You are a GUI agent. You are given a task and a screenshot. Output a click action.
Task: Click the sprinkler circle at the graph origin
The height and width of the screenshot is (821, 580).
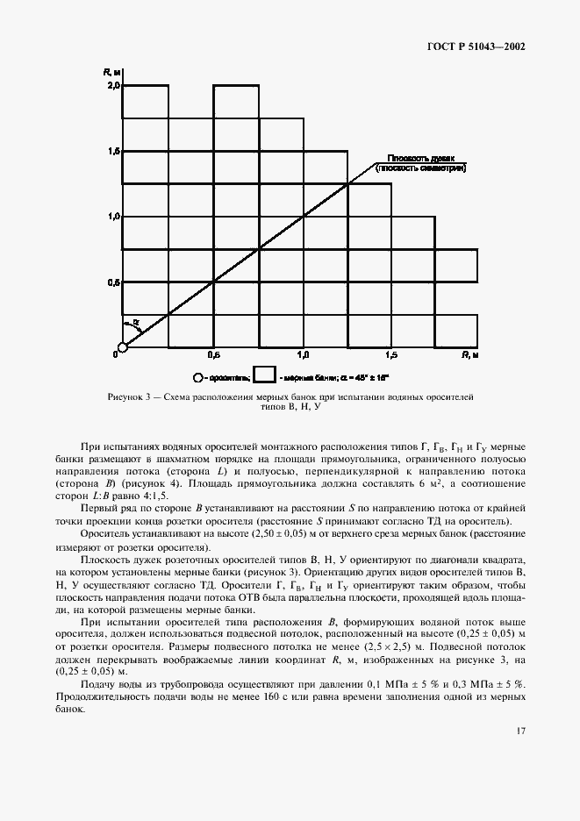click(x=123, y=347)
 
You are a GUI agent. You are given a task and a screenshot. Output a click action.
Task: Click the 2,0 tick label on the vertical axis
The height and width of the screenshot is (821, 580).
click(x=113, y=86)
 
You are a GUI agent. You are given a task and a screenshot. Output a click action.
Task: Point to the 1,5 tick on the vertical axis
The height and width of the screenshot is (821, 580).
click(x=113, y=152)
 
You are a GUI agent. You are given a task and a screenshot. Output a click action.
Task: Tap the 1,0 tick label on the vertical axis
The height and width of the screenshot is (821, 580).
click(x=113, y=217)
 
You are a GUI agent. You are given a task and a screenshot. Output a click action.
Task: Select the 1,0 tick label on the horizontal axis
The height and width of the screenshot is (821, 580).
click(x=303, y=356)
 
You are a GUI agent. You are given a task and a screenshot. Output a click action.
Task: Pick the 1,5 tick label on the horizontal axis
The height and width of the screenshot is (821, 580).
click(x=391, y=356)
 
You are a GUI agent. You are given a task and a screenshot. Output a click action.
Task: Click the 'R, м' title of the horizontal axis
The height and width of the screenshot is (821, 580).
click(x=470, y=356)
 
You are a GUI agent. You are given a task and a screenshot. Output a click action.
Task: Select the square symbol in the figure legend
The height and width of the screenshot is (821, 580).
click(x=265, y=378)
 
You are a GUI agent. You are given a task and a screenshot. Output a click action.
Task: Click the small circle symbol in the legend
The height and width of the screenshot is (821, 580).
click(x=197, y=378)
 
